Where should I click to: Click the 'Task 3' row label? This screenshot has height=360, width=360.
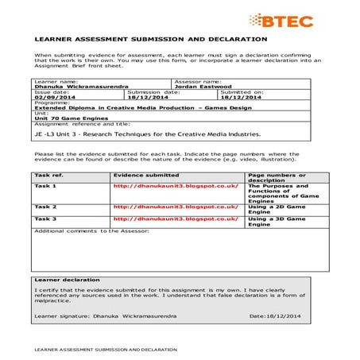45,218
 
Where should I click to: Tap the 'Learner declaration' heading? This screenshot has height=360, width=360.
67,280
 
